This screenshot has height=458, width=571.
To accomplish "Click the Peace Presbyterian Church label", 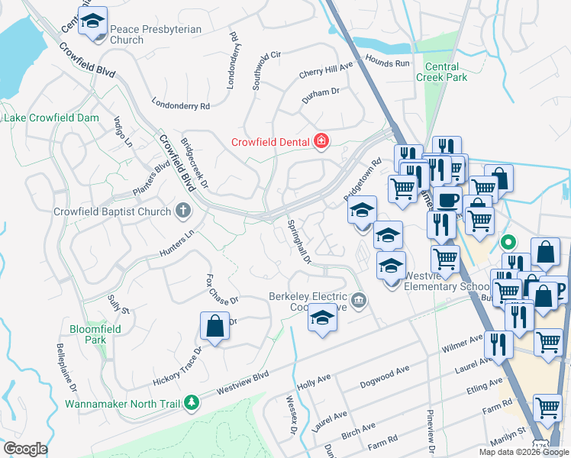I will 156,34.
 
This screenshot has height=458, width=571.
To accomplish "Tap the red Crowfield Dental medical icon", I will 321,141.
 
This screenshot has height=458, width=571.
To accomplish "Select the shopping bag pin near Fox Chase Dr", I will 215,327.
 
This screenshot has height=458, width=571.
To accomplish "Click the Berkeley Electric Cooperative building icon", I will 360,301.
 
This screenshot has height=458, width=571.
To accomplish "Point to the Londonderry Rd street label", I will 180,106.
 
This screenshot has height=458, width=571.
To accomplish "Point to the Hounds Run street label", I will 388,63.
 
